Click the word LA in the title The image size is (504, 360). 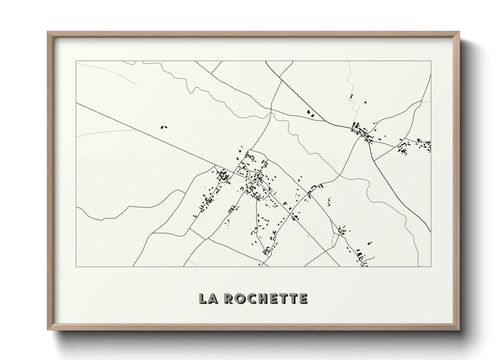(x=209, y=298)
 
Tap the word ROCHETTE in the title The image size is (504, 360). (x=266, y=298)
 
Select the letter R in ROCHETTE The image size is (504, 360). (x=229, y=298)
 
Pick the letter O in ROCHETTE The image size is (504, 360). (x=240, y=298)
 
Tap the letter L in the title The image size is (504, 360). (x=203, y=298)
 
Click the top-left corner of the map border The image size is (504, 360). (x=76, y=61)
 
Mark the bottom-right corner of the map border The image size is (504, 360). (x=431, y=267)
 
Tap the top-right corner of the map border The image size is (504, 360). (x=431, y=61)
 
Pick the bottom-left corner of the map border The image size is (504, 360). (x=76, y=267)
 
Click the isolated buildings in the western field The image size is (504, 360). (x=164, y=127)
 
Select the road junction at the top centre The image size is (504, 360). (x=271, y=111)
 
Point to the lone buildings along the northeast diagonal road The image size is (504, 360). (x=311, y=114)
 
